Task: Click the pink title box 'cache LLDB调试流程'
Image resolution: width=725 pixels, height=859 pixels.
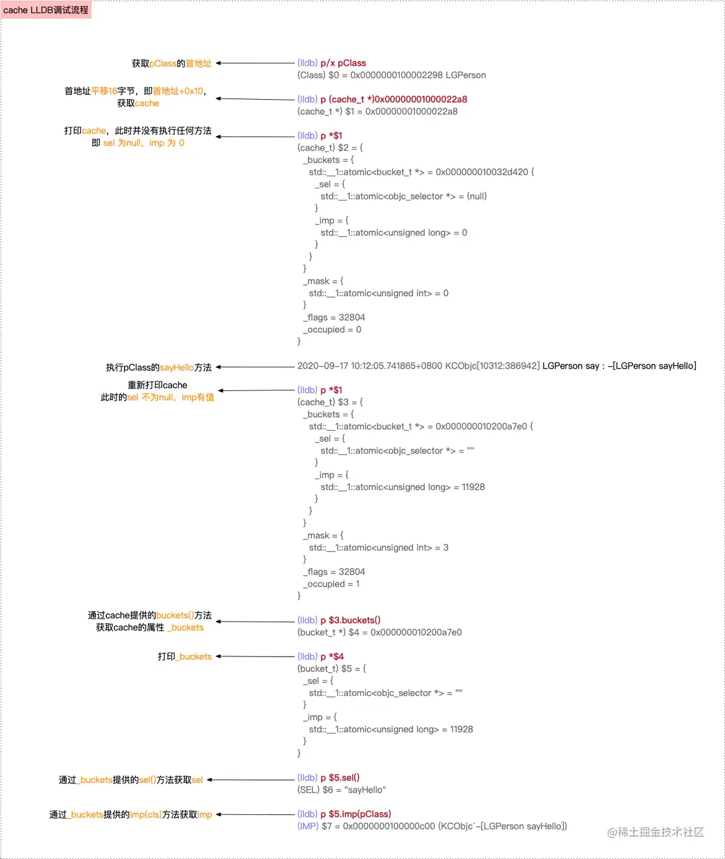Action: (46, 10)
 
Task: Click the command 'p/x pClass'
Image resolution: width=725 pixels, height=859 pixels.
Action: (343, 63)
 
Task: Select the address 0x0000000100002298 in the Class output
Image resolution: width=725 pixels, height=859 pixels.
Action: (396, 75)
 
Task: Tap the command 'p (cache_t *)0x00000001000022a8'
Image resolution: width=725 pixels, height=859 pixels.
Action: (393, 99)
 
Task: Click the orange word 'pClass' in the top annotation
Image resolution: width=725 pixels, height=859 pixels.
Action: (163, 63)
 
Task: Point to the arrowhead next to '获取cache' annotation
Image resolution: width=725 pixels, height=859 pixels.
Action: (219, 98)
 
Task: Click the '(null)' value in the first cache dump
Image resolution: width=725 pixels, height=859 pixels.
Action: (477, 196)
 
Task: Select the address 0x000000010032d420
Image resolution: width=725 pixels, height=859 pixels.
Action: (482, 172)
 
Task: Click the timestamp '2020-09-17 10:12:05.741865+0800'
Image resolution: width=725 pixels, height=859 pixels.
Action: (370, 366)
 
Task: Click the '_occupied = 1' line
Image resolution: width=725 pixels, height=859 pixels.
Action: (331, 584)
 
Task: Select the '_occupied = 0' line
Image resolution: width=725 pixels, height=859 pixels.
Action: (332, 330)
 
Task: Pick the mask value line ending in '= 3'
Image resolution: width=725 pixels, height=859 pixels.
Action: (378, 548)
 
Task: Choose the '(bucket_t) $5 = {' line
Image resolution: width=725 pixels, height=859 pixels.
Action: (332, 669)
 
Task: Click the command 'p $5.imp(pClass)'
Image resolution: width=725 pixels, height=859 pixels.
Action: (356, 814)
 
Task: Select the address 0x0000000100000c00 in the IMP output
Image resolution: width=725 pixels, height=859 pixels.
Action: (389, 826)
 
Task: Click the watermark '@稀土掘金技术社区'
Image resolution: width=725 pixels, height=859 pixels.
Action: (656, 832)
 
